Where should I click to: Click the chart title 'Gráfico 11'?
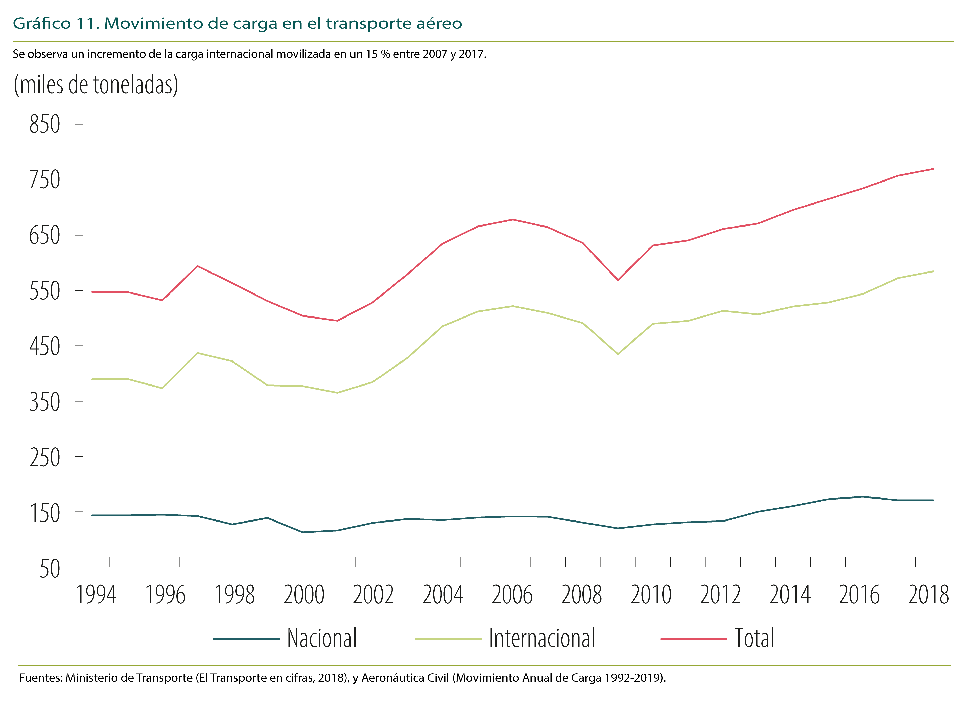tap(56, 24)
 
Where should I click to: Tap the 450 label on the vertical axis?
tap(44, 346)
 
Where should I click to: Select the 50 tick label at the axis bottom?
tap(50, 569)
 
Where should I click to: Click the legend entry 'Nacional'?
tap(322, 638)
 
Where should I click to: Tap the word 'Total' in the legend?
tap(754, 638)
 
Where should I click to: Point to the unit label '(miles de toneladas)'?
tap(96, 85)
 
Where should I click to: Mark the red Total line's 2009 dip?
tap(618, 280)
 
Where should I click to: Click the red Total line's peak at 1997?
tap(197, 266)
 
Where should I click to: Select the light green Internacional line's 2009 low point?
tap(618, 354)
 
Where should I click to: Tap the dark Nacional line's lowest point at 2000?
tap(302, 532)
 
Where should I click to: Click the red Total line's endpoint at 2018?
tap(933, 169)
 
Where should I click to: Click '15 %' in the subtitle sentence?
tap(378, 54)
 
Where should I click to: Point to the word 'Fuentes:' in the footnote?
tap(41, 678)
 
